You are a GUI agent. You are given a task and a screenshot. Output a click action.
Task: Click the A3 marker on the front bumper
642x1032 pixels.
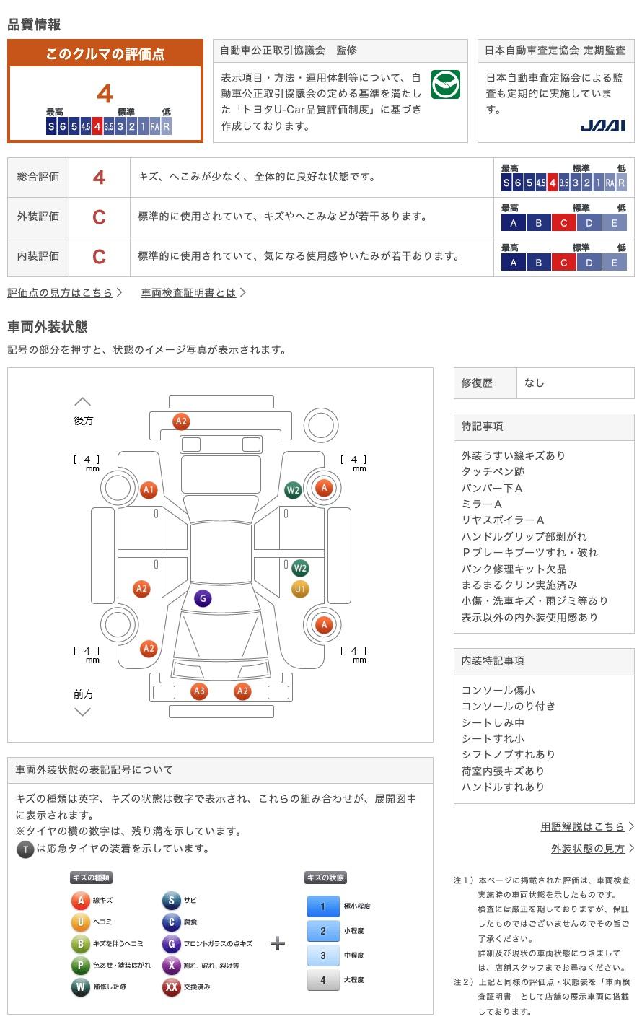coord(199,691)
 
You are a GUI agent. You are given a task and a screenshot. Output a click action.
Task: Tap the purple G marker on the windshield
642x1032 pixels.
coord(203,598)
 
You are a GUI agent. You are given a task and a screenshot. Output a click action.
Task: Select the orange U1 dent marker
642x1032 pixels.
coord(300,589)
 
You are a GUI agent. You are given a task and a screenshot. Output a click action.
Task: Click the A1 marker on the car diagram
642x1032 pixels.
coord(149,490)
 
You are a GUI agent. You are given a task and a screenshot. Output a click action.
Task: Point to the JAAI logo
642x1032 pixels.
coord(603,126)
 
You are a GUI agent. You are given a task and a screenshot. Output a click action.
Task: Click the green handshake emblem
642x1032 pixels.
coord(445,84)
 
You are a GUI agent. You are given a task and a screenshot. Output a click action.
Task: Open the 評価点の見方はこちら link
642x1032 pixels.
coord(61,292)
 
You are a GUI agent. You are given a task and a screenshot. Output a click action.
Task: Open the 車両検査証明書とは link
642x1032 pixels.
coord(189,292)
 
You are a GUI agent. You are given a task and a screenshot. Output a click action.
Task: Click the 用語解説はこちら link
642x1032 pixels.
coord(582,826)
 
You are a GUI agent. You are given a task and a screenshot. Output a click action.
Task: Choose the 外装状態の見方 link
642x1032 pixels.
coord(588,848)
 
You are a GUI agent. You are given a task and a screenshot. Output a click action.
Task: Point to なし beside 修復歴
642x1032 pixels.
coord(535,383)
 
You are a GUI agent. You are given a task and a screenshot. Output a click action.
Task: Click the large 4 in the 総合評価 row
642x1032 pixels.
coord(100,177)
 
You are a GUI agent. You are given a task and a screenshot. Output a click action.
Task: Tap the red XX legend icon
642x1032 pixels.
coord(171,987)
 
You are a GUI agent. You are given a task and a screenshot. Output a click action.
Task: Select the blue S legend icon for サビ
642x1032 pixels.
coord(171,900)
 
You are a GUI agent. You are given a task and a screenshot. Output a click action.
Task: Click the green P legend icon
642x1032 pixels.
coord(80,965)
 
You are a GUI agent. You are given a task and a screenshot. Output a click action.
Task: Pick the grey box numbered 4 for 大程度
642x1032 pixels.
coord(323,979)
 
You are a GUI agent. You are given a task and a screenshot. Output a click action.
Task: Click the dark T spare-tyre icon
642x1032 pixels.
coord(25,849)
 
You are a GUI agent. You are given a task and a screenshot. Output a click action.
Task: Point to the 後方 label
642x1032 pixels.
coord(84,420)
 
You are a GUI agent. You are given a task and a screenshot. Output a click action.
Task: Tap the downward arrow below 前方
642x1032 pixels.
coord(83,712)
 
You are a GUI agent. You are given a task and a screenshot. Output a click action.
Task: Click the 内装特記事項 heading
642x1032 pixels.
coord(493,660)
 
